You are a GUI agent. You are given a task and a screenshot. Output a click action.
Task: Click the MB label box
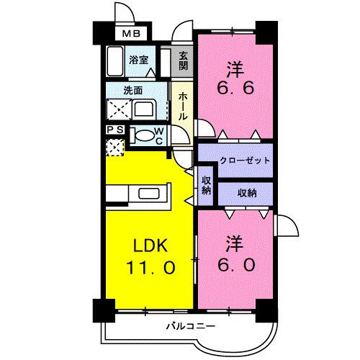(130, 33)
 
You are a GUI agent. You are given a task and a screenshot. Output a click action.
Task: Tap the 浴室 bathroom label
(138, 60)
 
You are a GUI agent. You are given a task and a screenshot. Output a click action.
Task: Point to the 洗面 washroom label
(122, 91)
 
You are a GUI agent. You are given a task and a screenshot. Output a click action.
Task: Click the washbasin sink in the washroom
(143, 110)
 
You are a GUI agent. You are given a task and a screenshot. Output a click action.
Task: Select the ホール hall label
(183, 105)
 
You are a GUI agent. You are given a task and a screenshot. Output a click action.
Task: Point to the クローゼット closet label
(235, 160)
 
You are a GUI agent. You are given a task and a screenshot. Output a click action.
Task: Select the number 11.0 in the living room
(150, 267)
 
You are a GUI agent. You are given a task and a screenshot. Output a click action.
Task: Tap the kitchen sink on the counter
(150, 193)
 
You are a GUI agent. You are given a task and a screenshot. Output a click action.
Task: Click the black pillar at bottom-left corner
(99, 310)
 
